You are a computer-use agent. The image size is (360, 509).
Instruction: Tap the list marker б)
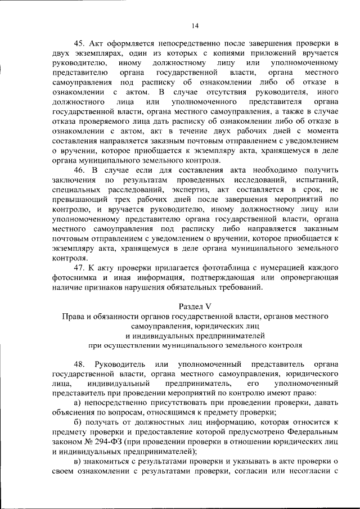pos(78,422)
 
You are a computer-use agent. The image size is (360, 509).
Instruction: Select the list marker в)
pos(78,461)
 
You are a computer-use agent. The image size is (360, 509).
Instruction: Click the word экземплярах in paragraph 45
pos(85,52)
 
